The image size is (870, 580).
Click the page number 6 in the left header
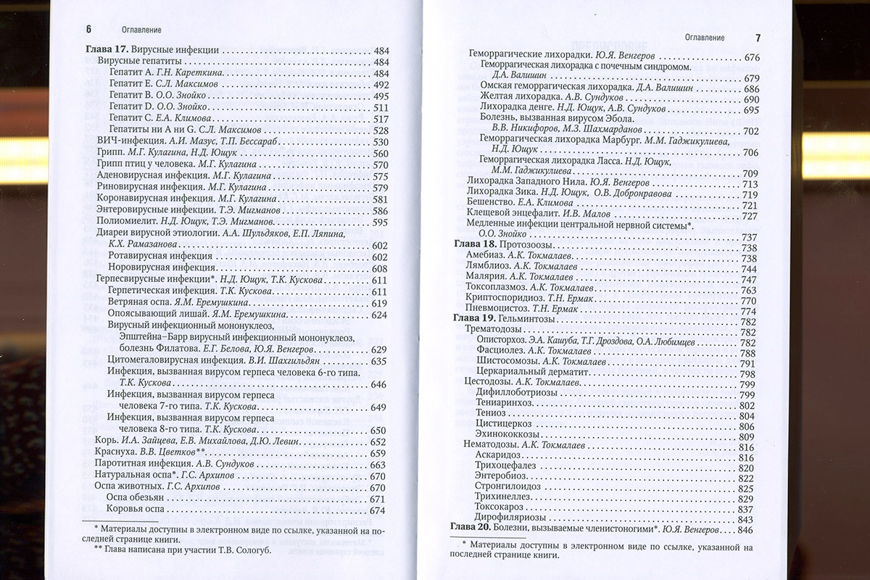tap(88, 30)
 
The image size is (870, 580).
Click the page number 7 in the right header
tap(758, 37)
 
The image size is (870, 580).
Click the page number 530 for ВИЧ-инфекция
tap(380, 141)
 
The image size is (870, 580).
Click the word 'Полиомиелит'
tap(124, 222)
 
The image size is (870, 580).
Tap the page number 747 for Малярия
tap(748, 280)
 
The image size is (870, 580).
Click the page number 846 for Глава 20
tap(747, 530)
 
